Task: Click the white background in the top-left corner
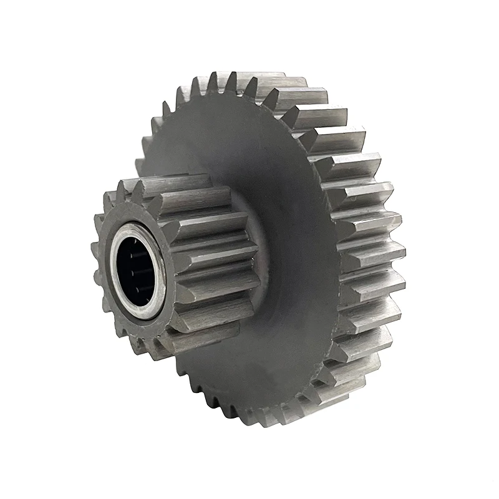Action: (x=25, y=25)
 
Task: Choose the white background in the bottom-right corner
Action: (x=474, y=474)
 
